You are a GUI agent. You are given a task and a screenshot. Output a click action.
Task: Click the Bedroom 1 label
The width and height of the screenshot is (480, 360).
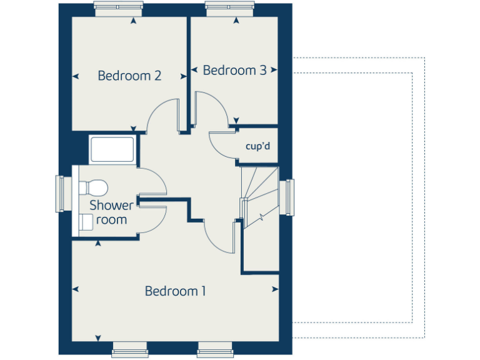pyautogui.click(x=175, y=291)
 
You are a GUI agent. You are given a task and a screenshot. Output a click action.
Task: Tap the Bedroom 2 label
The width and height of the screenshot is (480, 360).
pyautogui.click(x=130, y=76)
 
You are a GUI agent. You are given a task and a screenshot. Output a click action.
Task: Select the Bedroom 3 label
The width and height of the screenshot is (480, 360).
pyautogui.click(x=235, y=70)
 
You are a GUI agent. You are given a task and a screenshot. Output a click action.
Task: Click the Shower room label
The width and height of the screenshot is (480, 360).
pyautogui.click(x=111, y=212)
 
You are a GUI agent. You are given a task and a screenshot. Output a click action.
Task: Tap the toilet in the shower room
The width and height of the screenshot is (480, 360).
pyautogui.click(x=94, y=187)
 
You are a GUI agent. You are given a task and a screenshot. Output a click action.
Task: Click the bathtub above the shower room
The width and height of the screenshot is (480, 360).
pyautogui.click(x=112, y=149)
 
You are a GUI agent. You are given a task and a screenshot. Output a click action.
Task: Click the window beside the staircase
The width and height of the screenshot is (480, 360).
pyautogui.click(x=289, y=197)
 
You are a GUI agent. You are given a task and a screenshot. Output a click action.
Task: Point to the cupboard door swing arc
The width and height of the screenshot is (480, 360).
pyautogui.click(x=220, y=146)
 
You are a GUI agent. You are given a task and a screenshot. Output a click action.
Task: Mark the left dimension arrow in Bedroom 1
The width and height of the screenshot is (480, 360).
pyautogui.click(x=76, y=289)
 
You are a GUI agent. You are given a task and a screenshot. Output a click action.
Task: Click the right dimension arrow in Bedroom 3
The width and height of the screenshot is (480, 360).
pyautogui.click(x=274, y=70)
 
